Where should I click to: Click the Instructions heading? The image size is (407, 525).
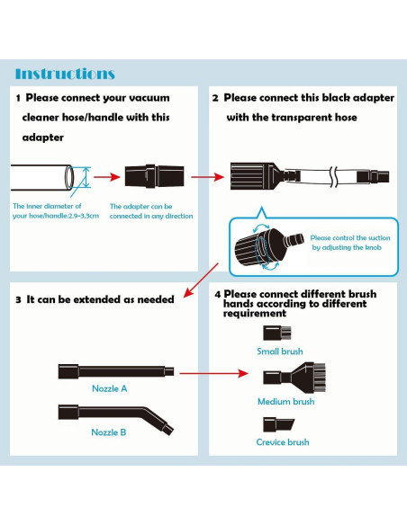(x=65, y=74)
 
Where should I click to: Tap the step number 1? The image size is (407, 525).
(x=18, y=98)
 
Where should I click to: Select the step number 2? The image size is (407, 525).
(x=215, y=98)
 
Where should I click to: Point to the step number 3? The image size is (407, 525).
(x=18, y=299)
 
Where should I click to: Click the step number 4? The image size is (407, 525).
(x=218, y=295)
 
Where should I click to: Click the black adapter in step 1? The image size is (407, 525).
(x=154, y=176)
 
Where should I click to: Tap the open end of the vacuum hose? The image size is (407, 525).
(x=69, y=177)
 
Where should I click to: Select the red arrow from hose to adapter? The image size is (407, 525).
(x=107, y=177)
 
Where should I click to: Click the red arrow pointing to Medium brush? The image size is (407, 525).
(x=213, y=373)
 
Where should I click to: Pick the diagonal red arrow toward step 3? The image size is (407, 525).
(x=201, y=280)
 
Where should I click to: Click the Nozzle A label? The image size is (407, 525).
(x=110, y=388)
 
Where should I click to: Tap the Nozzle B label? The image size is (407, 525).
(x=109, y=432)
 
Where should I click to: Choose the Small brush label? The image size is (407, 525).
(x=280, y=351)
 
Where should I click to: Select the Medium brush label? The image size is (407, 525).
(x=286, y=402)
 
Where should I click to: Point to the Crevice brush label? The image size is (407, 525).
(x=283, y=442)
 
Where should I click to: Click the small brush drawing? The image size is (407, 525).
(x=277, y=333)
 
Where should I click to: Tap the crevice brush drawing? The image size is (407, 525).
(x=278, y=424)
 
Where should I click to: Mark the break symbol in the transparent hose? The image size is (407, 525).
(x=333, y=176)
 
